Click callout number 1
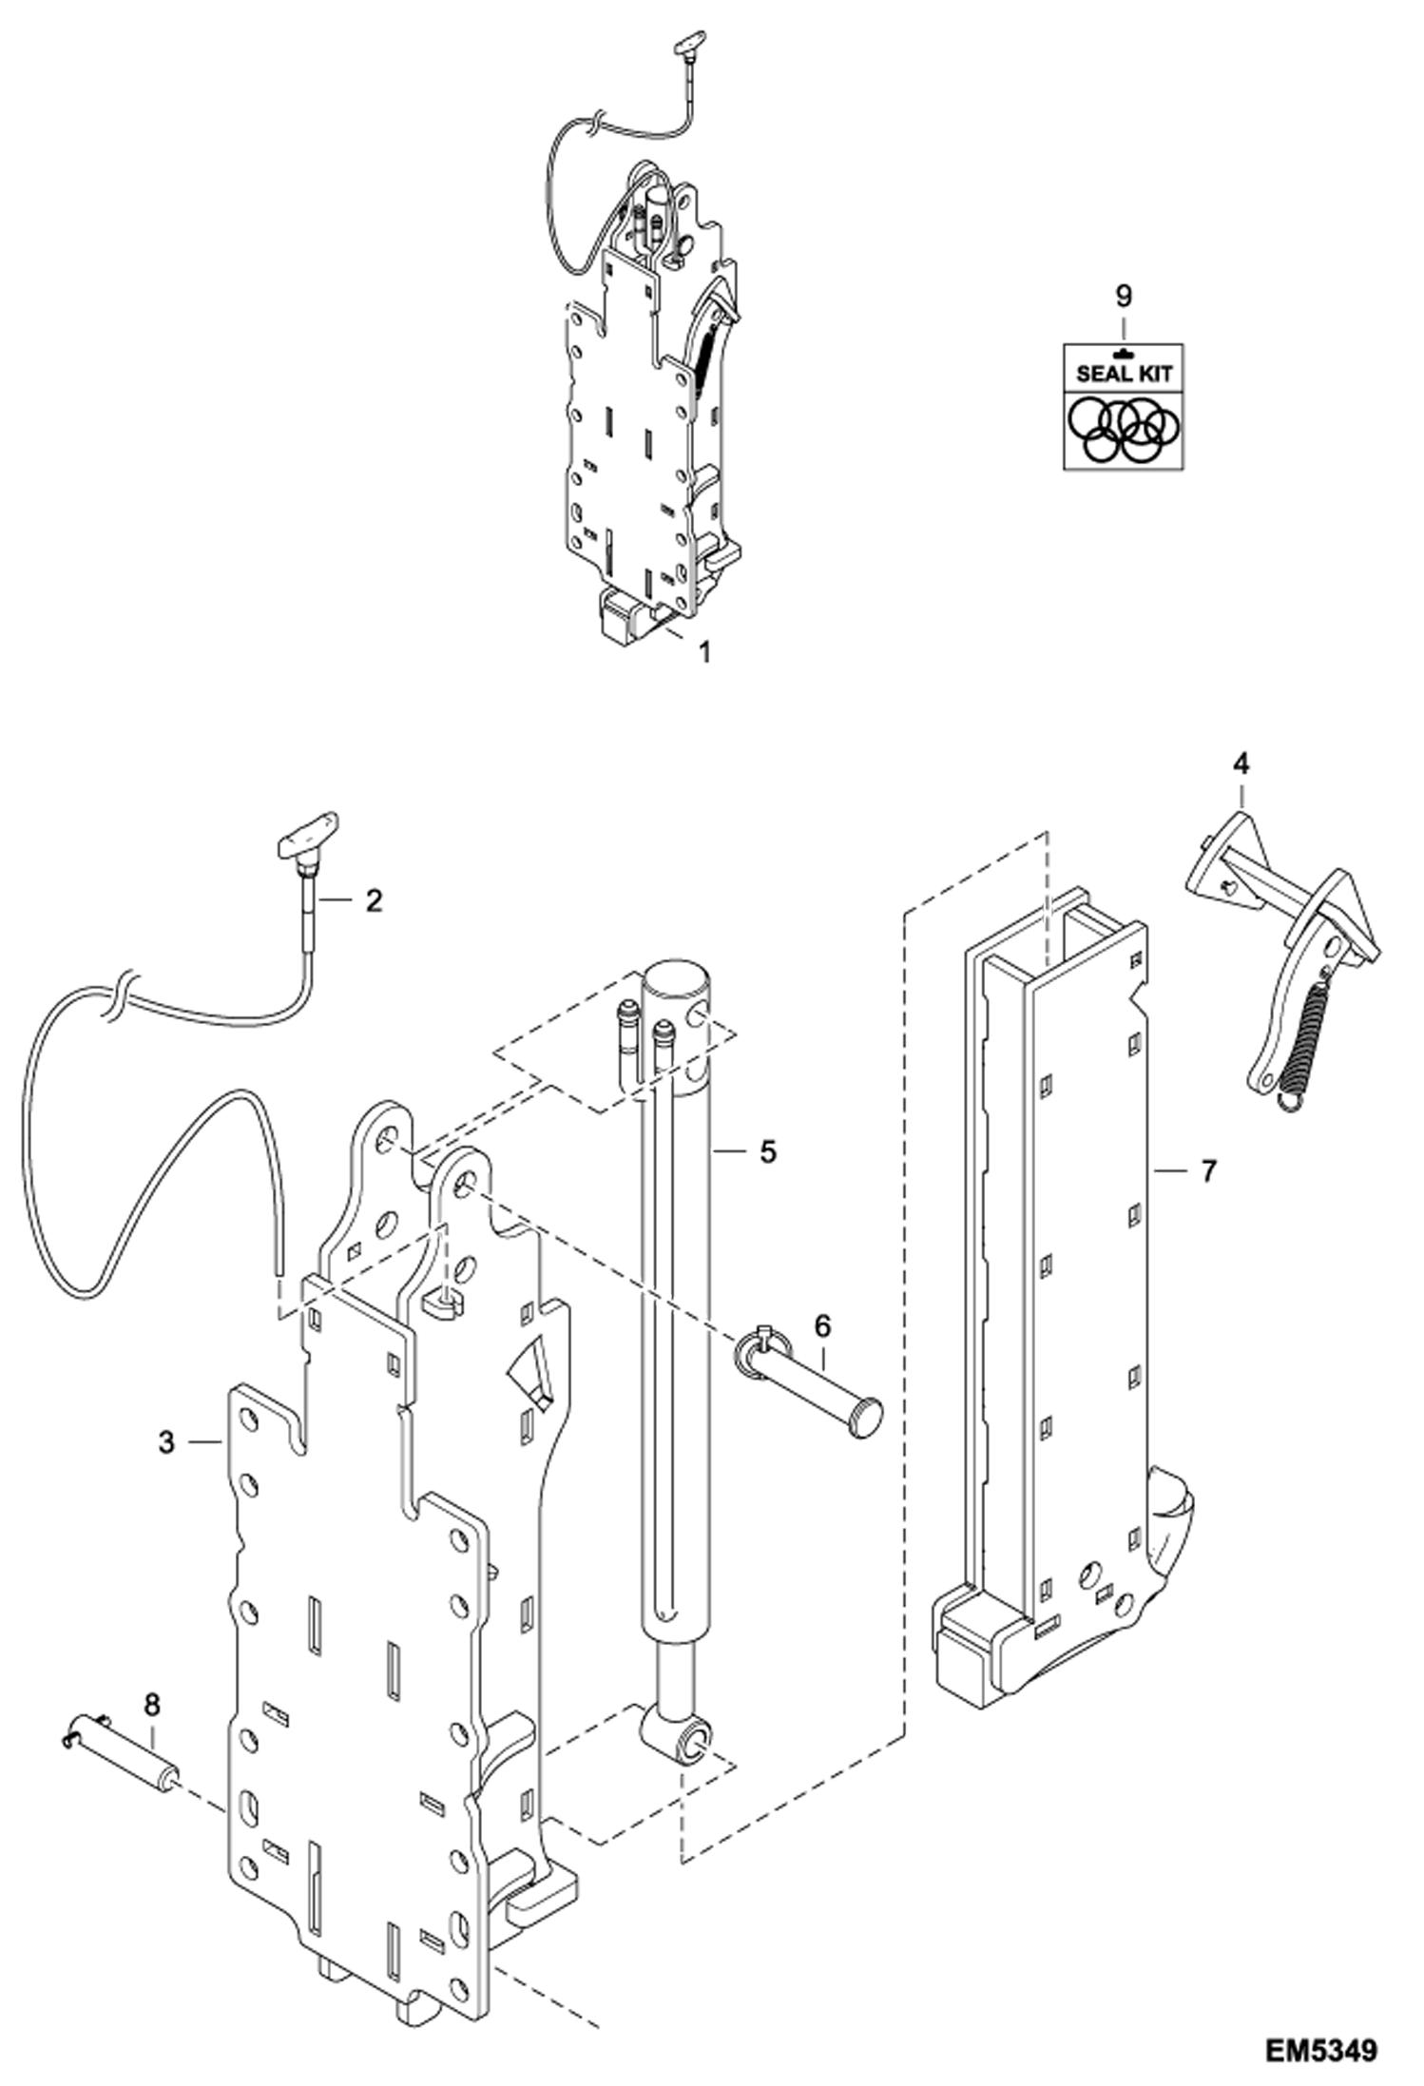(x=704, y=652)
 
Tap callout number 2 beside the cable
(x=374, y=900)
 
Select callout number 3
(x=167, y=1442)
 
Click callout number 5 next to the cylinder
(x=768, y=1152)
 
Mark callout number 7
(x=1208, y=1171)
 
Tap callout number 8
(x=152, y=1704)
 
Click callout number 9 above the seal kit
(x=1124, y=296)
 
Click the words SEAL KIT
(x=1124, y=373)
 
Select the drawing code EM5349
(x=1320, y=2048)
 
